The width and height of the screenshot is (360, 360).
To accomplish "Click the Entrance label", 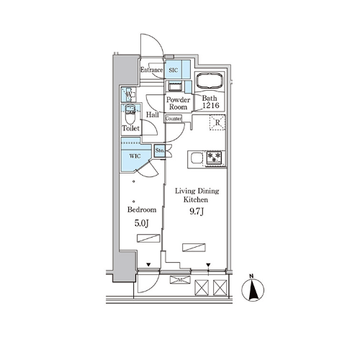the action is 151,70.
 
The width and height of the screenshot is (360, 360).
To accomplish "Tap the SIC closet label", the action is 174,70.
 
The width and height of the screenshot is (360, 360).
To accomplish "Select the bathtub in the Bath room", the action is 210,81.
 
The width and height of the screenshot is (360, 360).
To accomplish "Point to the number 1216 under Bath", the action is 211,105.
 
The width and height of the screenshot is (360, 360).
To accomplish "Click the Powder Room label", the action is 178,103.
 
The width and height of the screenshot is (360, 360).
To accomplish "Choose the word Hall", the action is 153,114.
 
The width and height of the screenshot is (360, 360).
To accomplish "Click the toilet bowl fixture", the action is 130,114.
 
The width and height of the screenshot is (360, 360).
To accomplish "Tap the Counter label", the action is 174,119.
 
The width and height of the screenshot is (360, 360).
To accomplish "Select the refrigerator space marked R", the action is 217,122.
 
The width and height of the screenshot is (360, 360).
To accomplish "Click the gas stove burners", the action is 214,157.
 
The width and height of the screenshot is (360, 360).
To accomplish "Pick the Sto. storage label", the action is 160,150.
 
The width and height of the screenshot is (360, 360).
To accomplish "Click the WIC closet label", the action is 135,156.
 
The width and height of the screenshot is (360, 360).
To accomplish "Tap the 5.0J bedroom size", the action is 142,223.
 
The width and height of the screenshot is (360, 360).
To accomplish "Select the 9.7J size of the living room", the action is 197,212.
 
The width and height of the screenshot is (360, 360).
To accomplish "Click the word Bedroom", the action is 142,210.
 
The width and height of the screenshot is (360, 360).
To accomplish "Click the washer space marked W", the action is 129,94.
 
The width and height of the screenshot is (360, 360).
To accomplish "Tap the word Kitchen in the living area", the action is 196,199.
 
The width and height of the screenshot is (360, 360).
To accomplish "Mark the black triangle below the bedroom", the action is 148,265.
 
